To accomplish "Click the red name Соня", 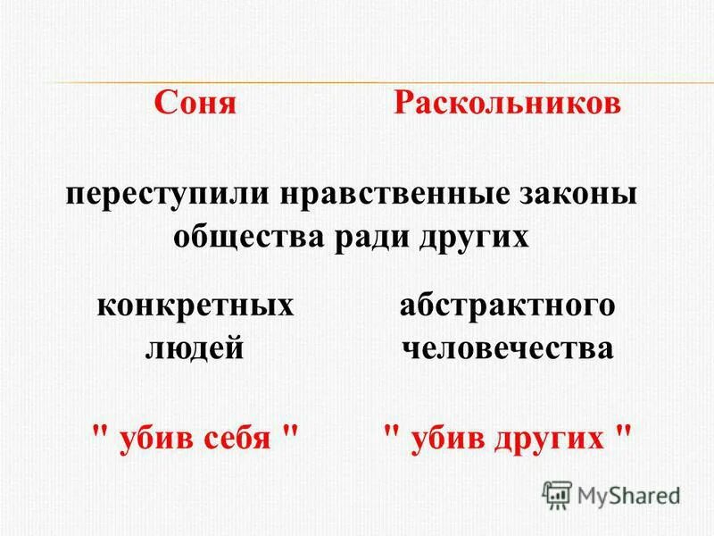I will (195, 103).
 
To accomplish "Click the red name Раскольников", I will (507, 103).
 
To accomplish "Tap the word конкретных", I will (195, 306).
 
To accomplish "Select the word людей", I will (195, 348).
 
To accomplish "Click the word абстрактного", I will (507, 306).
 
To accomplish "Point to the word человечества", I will (507, 348).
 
